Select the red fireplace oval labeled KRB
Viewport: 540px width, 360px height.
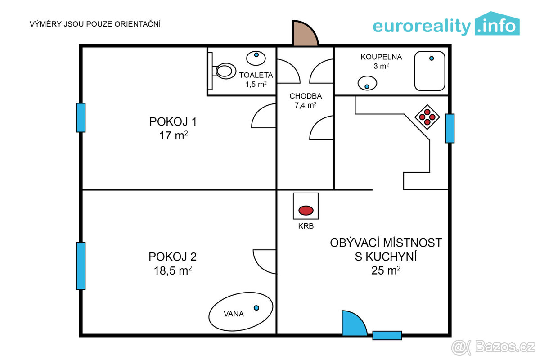coord(306,210)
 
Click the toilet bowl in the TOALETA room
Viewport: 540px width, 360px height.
coord(225,71)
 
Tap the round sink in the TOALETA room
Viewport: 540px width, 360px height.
coord(256,58)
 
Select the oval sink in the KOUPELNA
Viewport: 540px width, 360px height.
coord(367,84)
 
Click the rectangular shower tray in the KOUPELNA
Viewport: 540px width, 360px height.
coord(430,71)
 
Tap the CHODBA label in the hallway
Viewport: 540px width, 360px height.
coord(306,96)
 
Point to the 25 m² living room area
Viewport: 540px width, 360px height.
coord(386,270)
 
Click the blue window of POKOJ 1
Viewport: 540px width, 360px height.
coord(81,117)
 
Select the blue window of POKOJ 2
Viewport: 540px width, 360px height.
coord(81,265)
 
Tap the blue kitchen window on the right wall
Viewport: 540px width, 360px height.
coord(450,128)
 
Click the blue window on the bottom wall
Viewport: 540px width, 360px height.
coord(387,335)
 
